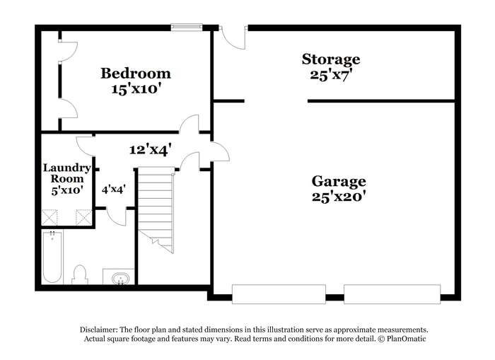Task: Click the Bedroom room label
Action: pos(136,74)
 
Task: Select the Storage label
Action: pos(331,59)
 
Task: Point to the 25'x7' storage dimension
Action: pos(331,75)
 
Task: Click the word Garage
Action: pos(339,182)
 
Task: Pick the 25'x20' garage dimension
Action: pos(339,197)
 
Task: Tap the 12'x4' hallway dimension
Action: pos(151,149)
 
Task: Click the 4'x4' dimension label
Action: pos(114,190)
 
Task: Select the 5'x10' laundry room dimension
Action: pos(67,190)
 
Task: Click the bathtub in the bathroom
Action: pos(52,257)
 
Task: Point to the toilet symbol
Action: pos(79,275)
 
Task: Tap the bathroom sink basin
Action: pos(120,279)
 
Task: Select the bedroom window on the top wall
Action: pos(187,27)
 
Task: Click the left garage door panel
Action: pos(279,294)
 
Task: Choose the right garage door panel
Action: pos(392,294)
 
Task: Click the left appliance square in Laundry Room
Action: pos(49,217)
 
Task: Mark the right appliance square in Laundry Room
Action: pos(84,217)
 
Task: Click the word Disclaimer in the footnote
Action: pos(99,330)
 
